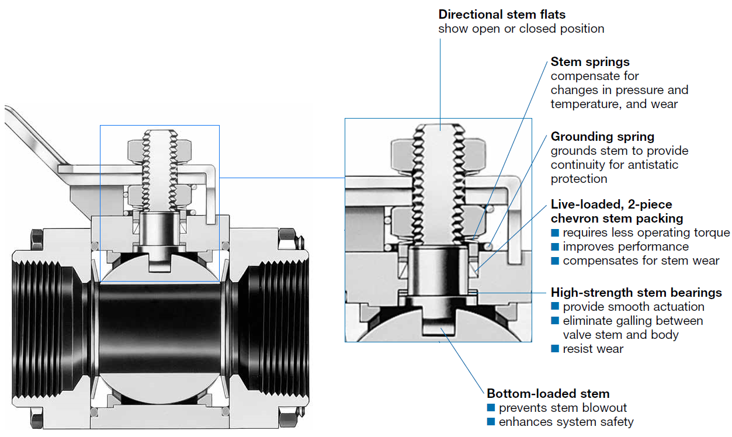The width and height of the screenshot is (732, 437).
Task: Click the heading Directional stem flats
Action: coord(502,14)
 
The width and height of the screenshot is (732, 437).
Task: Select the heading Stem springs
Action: coord(590,61)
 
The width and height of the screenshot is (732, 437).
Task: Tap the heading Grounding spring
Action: coord(602,136)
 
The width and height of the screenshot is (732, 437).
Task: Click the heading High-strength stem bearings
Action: coord(636,292)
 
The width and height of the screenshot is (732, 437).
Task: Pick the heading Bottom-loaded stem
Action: coord(548,393)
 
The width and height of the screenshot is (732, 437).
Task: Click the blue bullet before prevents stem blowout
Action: coord(491,408)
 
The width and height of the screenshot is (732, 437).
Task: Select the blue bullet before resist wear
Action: coord(555,349)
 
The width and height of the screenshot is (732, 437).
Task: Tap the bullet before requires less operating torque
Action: coord(555,233)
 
